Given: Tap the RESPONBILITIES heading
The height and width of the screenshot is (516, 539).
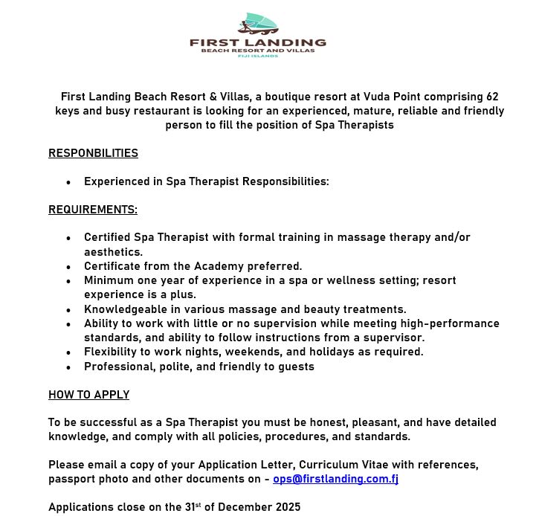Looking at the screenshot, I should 93,153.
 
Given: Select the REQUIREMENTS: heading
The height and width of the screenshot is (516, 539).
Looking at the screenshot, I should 93,210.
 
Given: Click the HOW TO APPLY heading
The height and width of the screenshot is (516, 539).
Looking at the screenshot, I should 88,395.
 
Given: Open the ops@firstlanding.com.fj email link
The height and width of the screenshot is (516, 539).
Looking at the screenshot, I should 335,479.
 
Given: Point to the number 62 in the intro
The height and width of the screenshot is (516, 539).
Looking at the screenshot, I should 491,97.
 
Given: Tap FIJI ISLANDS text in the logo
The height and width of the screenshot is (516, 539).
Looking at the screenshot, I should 257,56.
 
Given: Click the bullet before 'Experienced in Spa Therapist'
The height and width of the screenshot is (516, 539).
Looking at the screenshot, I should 68,182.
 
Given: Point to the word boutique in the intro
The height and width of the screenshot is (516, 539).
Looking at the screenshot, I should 293,97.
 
